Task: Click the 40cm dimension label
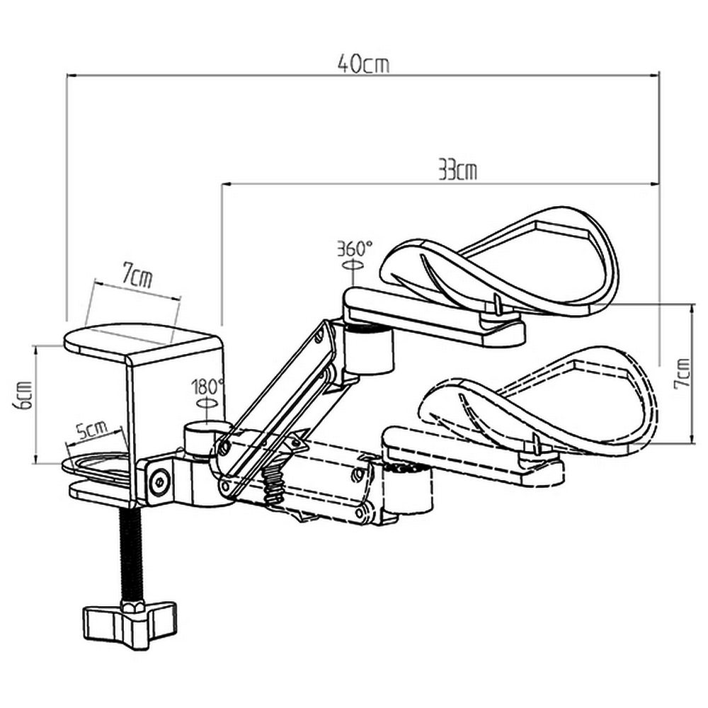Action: tap(363, 64)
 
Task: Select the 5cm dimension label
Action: tap(91, 430)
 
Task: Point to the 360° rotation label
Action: tap(354, 249)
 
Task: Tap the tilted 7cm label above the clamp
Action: tap(137, 275)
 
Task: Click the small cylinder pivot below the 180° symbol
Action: tap(200, 438)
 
